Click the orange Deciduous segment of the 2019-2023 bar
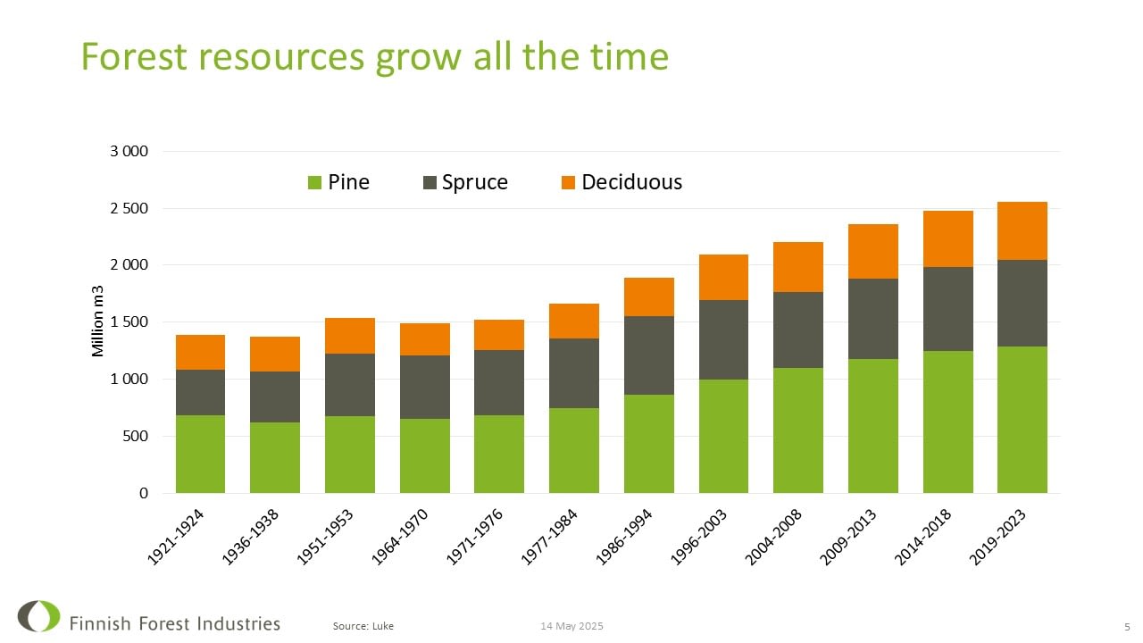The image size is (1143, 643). pyautogui.click(x=1022, y=230)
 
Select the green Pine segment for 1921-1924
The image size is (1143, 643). pyautogui.click(x=200, y=454)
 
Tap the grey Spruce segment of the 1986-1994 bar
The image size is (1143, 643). pyautogui.click(x=648, y=355)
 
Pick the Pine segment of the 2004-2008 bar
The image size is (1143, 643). pyautogui.click(x=797, y=430)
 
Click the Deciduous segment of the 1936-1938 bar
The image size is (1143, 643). pyautogui.click(x=275, y=354)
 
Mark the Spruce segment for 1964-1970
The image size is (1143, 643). pyautogui.click(x=424, y=387)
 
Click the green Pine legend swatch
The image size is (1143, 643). pyautogui.click(x=314, y=183)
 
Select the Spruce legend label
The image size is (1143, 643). pyautogui.click(x=474, y=182)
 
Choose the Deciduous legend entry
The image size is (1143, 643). pyautogui.click(x=631, y=182)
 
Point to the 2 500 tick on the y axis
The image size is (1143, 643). pyautogui.click(x=129, y=208)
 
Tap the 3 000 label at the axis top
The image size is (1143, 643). pyautogui.click(x=129, y=151)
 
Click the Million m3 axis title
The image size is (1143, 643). pyautogui.click(x=98, y=321)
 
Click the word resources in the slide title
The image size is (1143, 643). pyautogui.click(x=280, y=56)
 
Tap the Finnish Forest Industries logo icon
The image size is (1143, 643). pyautogui.click(x=38, y=616)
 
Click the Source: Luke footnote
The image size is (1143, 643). pyautogui.click(x=363, y=626)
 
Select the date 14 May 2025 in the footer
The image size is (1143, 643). pyautogui.click(x=571, y=626)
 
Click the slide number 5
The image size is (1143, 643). pyautogui.click(x=1127, y=626)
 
